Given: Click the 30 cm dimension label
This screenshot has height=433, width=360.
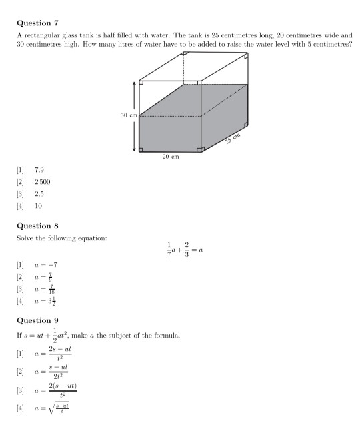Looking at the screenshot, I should coord(129,115).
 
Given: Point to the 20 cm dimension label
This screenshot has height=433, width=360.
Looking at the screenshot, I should coord(171,157).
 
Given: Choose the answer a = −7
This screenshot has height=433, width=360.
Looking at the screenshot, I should coord(45,265).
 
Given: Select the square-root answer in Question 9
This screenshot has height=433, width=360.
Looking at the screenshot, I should coord(52,404).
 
